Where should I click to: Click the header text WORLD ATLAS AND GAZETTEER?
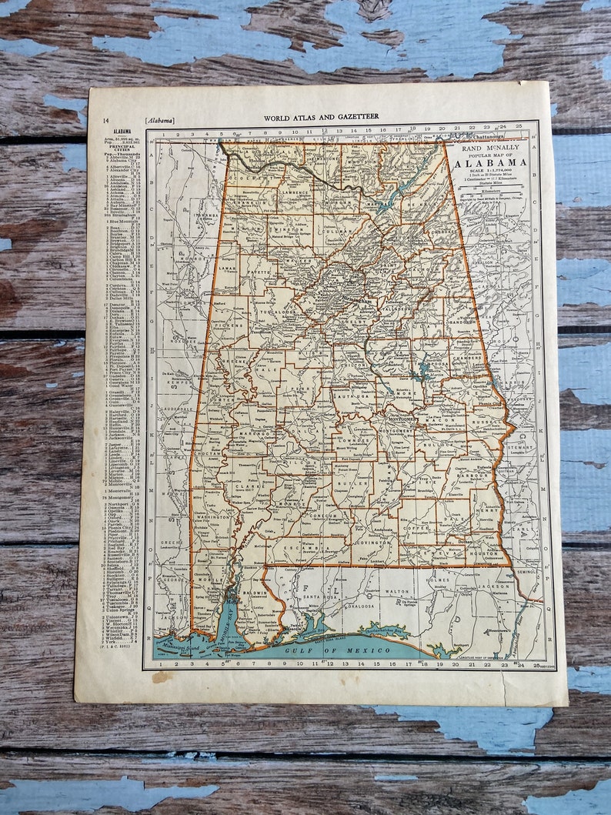321,118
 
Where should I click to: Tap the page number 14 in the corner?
105,120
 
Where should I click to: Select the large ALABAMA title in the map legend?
491,162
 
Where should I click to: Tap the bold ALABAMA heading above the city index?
122,132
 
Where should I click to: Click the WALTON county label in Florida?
397,591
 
